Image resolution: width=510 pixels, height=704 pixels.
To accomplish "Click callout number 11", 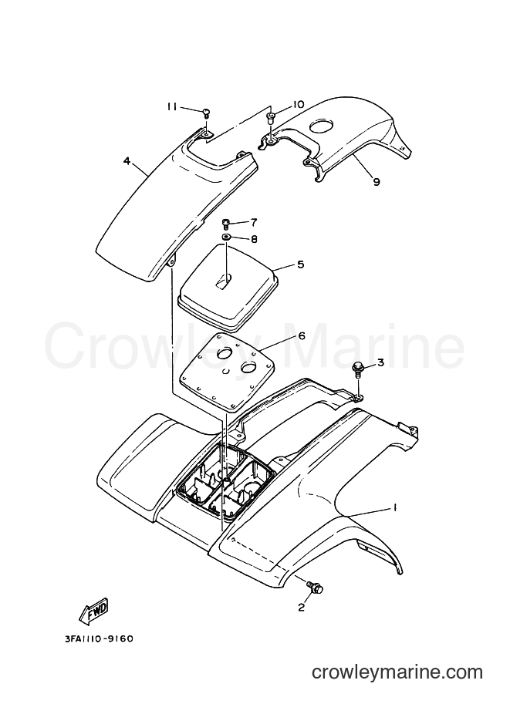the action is click(172, 106).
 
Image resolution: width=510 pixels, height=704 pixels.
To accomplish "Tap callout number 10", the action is click(298, 105).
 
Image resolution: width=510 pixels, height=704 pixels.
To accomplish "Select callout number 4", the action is click(127, 160).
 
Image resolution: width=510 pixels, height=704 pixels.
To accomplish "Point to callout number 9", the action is click(376, 181).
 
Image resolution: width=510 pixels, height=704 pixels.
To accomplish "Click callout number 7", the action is click(254, 222).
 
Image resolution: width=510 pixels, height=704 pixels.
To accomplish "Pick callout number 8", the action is click(254, 239).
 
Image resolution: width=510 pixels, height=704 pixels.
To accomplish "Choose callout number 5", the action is click(300, 264).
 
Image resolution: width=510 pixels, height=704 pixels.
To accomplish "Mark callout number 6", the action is click(301, 336).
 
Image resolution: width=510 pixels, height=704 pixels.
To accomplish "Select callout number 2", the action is click(301, 608).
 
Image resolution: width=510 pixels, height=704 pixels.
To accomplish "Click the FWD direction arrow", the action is click(94, 611).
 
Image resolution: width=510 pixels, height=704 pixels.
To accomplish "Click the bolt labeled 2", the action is click(315, 586).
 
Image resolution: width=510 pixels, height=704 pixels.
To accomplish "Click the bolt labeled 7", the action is click(226, 223).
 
